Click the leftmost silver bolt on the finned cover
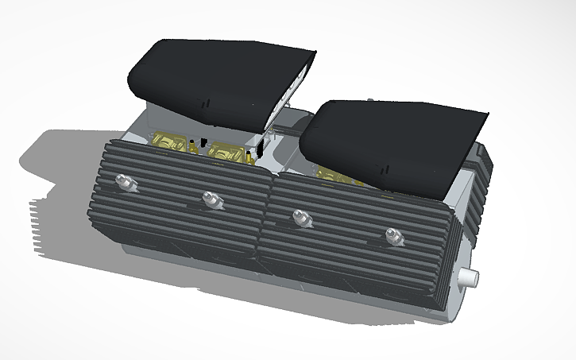tap(124, 182)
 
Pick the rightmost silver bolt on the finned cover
tap(392, 234)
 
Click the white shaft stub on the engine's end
tap(469, 277)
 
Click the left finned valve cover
tap(183, 199)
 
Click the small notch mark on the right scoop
tap(385, 169)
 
